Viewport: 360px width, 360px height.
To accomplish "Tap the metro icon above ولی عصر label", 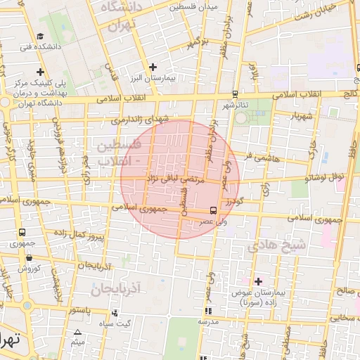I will coord(213,210).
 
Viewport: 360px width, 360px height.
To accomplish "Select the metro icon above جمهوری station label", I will coord(24,232).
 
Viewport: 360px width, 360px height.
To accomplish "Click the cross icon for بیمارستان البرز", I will coord(153,67).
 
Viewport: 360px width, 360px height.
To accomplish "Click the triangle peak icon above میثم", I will coord(78,331).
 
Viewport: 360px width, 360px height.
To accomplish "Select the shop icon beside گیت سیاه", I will coord(115,312).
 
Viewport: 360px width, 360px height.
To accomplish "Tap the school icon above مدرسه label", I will coord(208,311).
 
